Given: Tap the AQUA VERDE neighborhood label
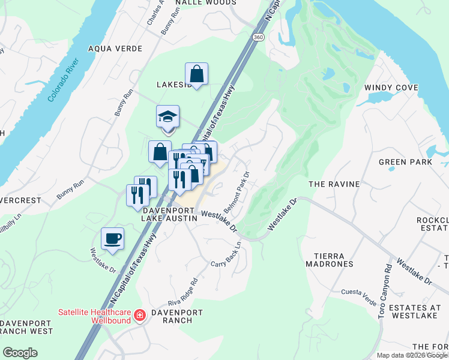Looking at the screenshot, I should (115, 49).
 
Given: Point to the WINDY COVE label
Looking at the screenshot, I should (391, 88).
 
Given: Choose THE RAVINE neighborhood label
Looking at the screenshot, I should (334, 184).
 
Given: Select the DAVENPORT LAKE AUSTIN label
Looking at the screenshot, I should (169, 215).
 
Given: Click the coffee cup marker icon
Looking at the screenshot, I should (113, 238).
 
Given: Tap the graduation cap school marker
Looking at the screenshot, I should (168, 116).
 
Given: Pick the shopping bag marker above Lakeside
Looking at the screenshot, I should (196, 74).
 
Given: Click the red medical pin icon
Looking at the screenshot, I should (140, 315).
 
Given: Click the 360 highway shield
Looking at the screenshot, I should (258, 37).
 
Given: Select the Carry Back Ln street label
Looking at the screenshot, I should (226, 255).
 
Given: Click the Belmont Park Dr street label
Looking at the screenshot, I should (237, 192).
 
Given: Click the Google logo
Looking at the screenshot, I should (20, 352).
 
